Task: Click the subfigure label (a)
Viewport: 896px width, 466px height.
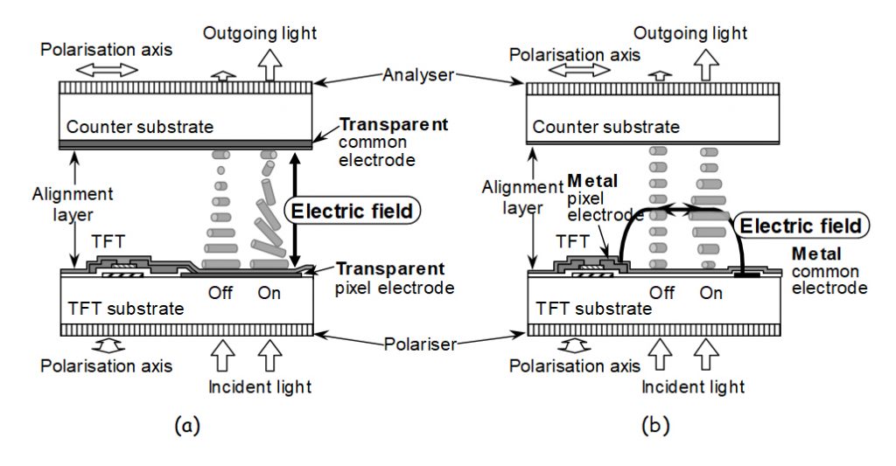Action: click(185, 426)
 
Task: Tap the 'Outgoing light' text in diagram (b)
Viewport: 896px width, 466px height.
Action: click(690, 33)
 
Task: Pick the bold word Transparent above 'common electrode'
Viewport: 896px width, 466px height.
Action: click(393, 124)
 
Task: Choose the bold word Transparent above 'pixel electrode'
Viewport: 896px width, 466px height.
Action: click(391, 268)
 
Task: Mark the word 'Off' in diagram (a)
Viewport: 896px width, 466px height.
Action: click(220, 293)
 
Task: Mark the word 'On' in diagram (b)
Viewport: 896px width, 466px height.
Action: click(711, 293)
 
